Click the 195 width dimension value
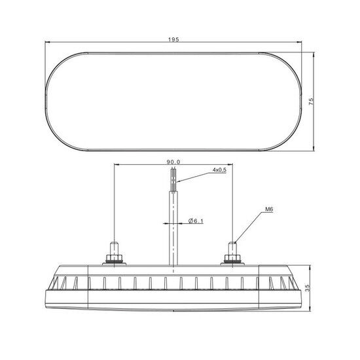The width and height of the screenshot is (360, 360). pos(173,40)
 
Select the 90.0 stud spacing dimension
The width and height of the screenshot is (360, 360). pos(173,161)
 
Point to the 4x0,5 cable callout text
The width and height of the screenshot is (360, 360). pos(219,170)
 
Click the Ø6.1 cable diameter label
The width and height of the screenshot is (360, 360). pos(196,221)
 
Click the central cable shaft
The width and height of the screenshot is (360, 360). pos(173,223)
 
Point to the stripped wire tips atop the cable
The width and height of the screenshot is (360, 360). pos(173,176)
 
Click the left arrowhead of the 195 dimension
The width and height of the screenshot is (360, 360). pos(48,44)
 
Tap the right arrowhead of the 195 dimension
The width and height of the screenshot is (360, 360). pos(298,44)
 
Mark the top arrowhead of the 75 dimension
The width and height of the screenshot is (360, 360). pos(315,54)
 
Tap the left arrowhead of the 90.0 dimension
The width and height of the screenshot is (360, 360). pos(117,164)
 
